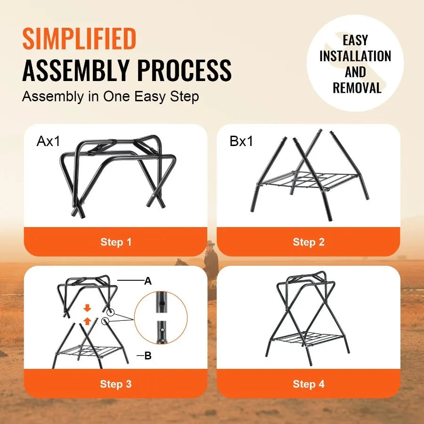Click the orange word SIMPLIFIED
[79, 39]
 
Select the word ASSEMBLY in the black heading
[75, 70]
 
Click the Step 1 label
[116, 242]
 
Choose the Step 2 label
[309, 242]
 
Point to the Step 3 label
[116, 384]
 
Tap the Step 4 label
[309, 384]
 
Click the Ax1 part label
[49, 141]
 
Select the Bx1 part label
[241, 141]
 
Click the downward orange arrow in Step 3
[87, 309]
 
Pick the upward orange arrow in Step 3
[87, 321]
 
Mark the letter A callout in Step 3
[148, 281]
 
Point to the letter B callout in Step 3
[148, 356]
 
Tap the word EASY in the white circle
[355, 40]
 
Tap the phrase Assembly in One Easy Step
[110, 97]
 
